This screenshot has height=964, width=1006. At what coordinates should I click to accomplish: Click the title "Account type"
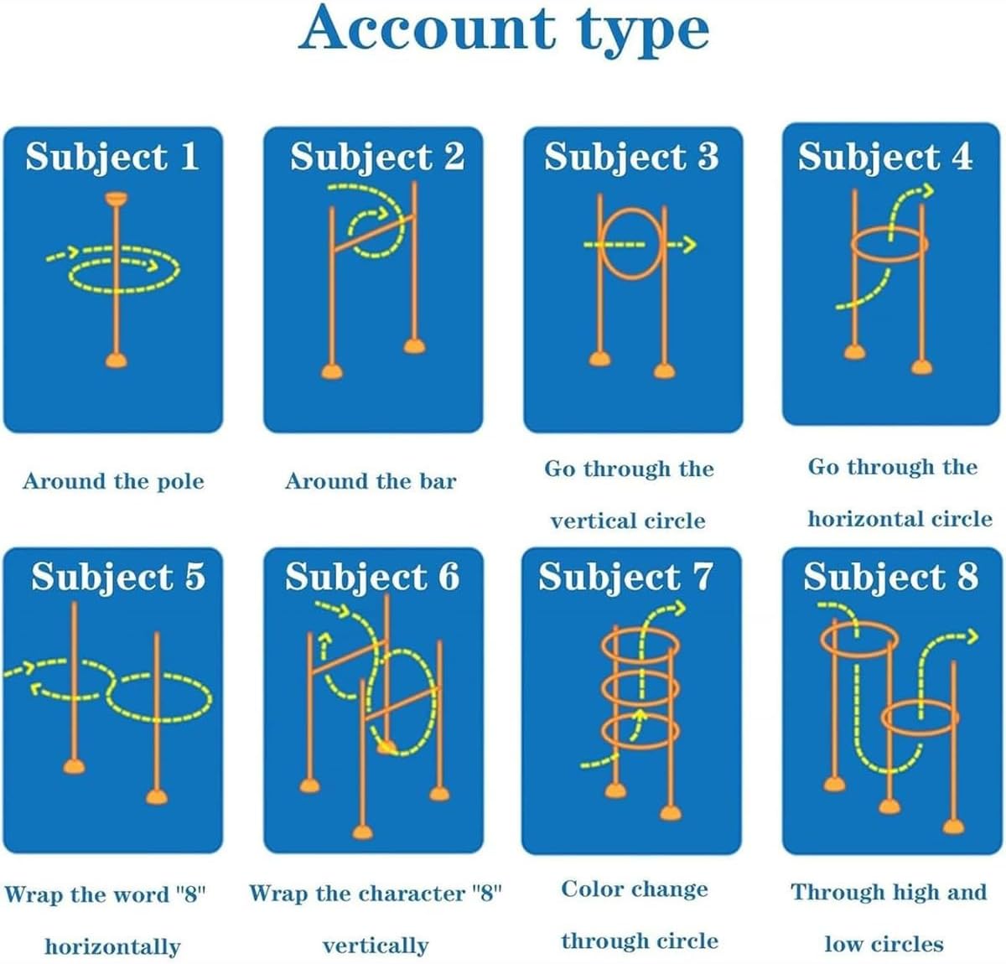[x=504, y=30]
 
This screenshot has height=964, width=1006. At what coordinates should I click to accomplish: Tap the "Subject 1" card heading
[x=112, y=157]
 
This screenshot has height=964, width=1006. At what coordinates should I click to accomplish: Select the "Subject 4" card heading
[x=885, y=157]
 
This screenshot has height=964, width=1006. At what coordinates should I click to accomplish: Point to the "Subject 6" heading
[x=372, y=577]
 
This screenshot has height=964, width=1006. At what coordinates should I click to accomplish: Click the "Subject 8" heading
[x=890, y=577]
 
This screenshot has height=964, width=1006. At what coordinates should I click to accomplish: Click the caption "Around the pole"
[x=113, y=481]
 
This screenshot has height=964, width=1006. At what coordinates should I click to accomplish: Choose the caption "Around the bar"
[x=371, y=481]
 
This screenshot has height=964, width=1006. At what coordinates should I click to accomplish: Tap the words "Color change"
[x=635, y=889]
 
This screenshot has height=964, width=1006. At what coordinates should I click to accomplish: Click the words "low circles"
[x=884, y=944]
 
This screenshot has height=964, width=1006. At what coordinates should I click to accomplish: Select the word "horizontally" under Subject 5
[x=112, y=946]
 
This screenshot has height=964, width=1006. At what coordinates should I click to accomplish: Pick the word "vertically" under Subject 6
[x=375, y=946]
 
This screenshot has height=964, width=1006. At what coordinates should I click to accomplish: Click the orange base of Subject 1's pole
[x=116, y=360]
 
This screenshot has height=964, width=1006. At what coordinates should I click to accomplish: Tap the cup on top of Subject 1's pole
[x=116, y=199]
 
